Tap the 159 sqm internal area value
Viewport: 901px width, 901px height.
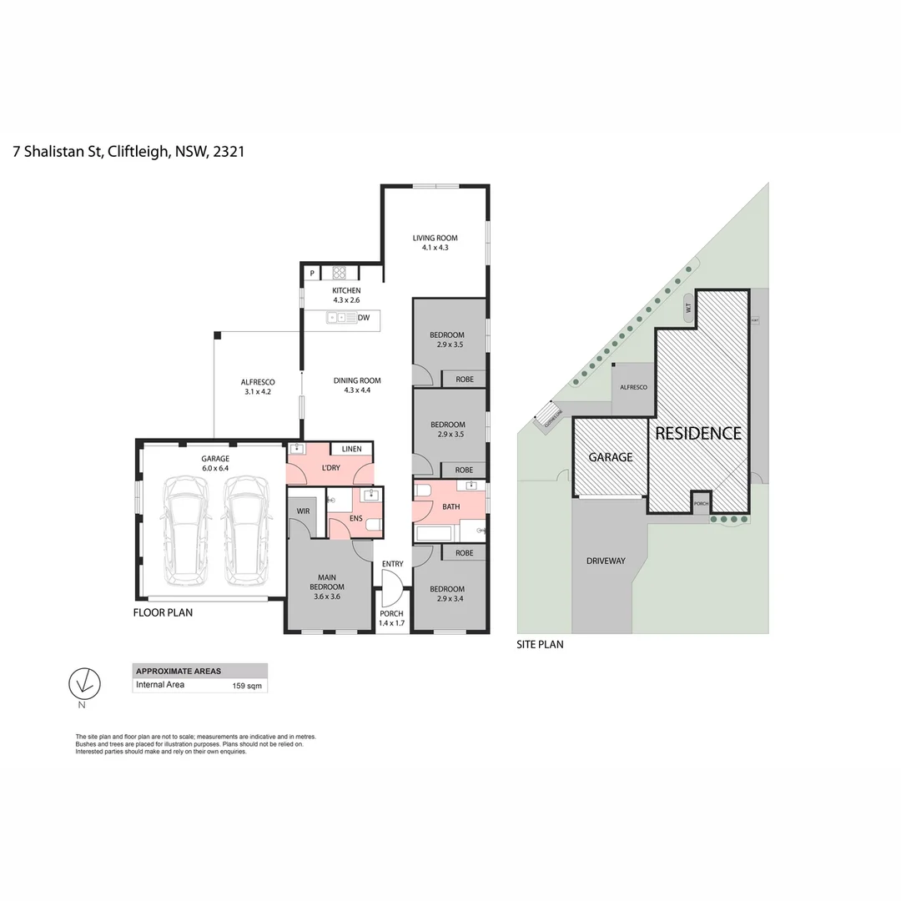coord(246,687)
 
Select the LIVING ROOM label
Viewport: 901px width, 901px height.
coord(435,239)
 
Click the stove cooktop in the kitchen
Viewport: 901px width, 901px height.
coord(340,272)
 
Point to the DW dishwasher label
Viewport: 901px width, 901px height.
coord(364,317)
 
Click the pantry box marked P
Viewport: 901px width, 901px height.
coord(312,273)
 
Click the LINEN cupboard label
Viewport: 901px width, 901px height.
coord(351,450)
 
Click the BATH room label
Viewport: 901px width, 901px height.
coord(450,506)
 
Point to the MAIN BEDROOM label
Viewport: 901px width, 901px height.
coord(329,581)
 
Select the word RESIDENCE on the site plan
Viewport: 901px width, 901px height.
coord(697,433)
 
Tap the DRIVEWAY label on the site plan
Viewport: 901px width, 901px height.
coord(605,561)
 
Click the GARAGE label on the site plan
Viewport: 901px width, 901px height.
coord(611,457)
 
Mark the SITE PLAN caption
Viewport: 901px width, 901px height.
coord(540,644)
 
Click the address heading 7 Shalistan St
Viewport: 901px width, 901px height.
coord(128,152)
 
